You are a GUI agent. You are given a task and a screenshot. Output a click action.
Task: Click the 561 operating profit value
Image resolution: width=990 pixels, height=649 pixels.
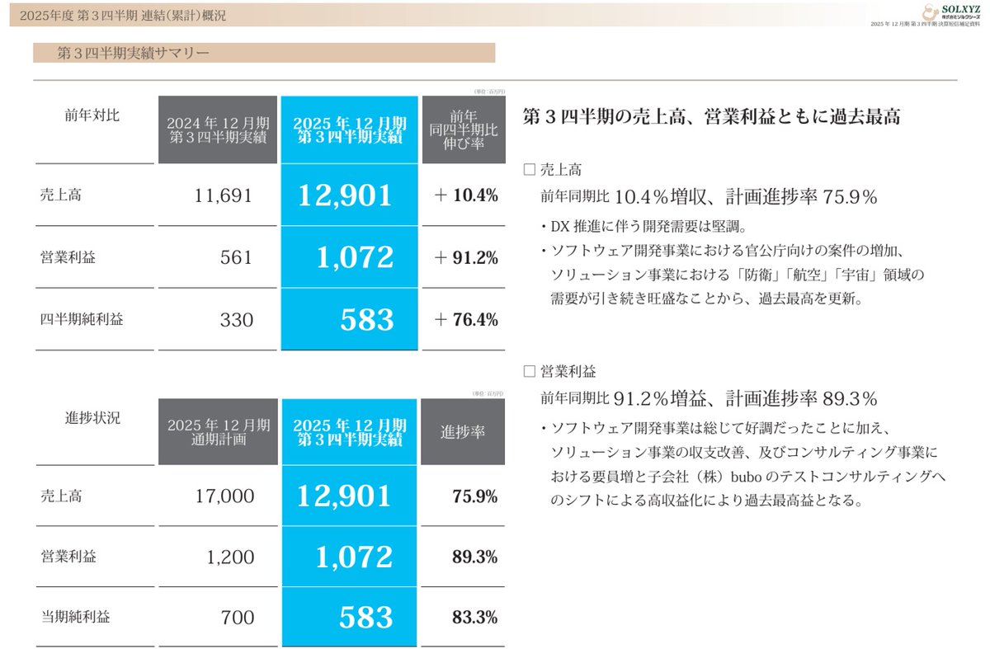pos(237,257)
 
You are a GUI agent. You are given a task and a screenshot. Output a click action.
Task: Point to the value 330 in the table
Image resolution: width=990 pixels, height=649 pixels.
pos(237,319)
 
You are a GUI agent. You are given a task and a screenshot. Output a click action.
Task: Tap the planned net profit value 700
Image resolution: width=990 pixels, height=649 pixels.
pos(237,617)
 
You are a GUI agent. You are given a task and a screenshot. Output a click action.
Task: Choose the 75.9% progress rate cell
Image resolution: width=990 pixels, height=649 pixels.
pos(474,496)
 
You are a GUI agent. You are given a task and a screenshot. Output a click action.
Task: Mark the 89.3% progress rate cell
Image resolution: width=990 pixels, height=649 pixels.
pos(474,557)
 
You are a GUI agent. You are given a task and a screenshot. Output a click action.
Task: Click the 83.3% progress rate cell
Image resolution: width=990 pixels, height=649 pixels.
pos(474,617)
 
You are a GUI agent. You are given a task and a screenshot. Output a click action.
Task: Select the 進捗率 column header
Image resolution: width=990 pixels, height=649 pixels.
pos(463,431)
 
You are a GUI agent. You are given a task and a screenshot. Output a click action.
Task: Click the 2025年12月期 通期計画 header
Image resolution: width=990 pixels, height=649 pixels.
pos(218,431)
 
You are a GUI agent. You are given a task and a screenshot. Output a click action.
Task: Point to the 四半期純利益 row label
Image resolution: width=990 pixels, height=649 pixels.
pos(82,319)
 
